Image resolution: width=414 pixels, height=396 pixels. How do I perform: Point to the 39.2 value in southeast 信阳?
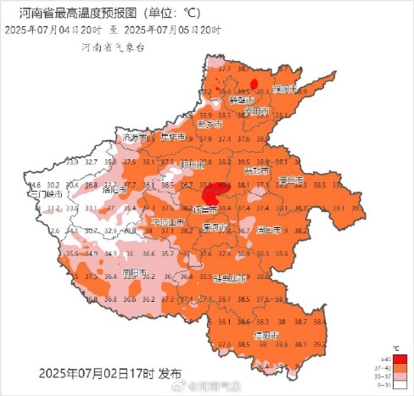[x=320, y=345]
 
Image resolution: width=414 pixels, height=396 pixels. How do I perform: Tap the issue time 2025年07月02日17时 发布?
[x=109, y=373]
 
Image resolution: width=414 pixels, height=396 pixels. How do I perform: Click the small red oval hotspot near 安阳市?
[x=255, y=81]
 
